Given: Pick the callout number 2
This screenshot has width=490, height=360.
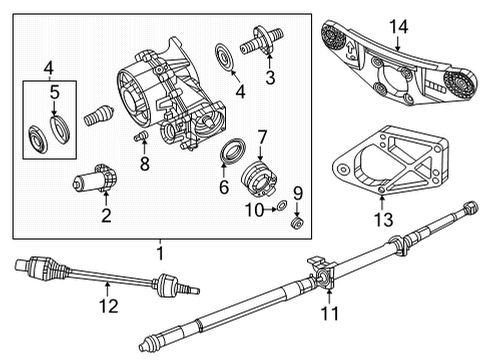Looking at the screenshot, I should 106,215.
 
